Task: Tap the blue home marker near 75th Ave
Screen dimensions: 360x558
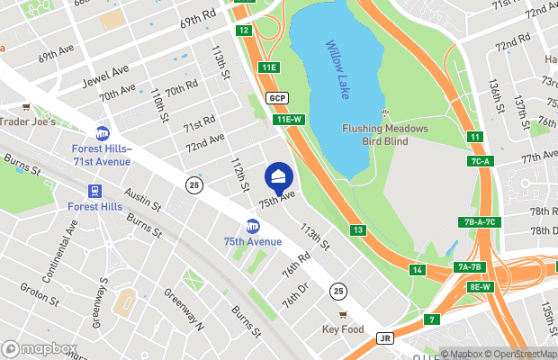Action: click(x=278, y=175)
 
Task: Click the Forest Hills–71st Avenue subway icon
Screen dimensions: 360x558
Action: click(x=103, y=133)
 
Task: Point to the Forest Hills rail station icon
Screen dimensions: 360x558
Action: click(x=94, y=191)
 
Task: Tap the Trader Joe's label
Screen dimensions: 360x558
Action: click(x=28, y=121)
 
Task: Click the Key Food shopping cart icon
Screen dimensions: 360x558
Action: click(x=343, y=315)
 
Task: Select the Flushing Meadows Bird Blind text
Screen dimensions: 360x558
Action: click(x=386, y=134)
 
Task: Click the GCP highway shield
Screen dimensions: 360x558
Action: click(x=276, y=97)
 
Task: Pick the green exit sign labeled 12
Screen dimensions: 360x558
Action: click(x=243, y=31)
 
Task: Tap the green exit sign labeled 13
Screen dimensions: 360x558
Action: click(x=358, y=231)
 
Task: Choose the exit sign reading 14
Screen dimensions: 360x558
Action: click(x=417, y=270)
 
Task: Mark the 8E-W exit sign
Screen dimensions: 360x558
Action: click(x=481, y=287)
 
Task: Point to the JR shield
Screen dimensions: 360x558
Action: click(x=386, y=338)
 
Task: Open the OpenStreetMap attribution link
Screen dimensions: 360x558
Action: click(x=519, y=354)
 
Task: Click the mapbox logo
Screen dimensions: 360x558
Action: click(x=40, y=348)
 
